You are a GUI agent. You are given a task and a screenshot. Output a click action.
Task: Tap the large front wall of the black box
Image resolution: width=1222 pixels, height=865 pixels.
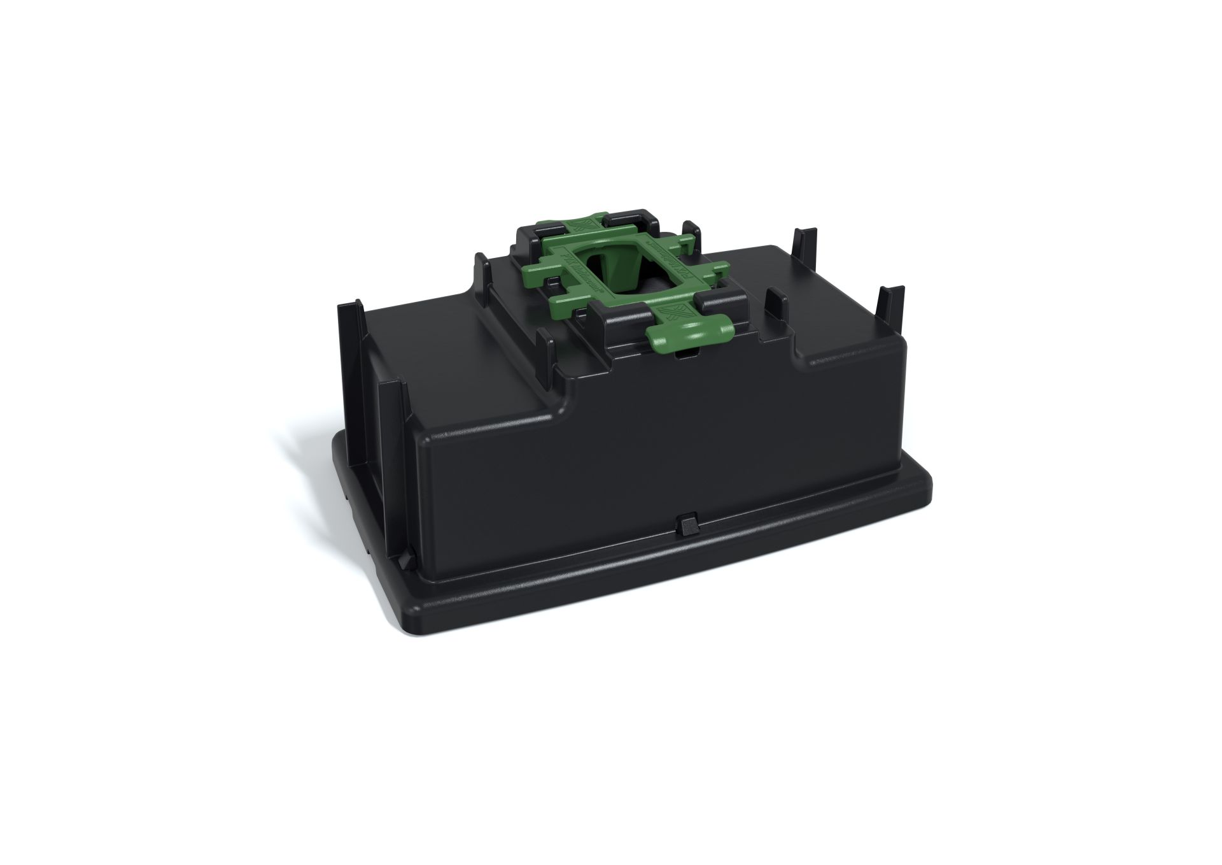[636, 459]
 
